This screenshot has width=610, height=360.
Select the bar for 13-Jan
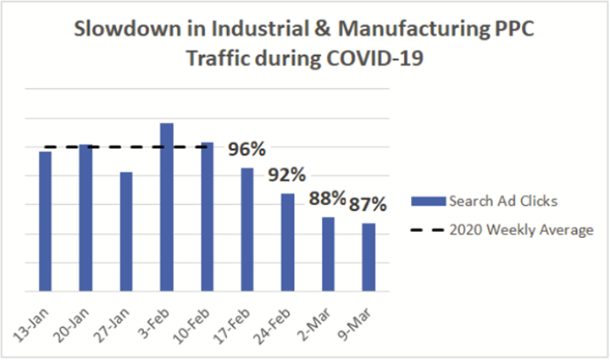[45, 221]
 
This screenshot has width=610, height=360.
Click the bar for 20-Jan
[86, 218]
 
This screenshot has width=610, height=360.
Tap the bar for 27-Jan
[126, 231]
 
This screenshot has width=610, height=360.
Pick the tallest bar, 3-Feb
[167, 208]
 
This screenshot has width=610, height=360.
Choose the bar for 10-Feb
[207, 217]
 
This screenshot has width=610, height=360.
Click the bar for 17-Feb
[247, 230]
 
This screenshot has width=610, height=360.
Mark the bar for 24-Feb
[288, 242]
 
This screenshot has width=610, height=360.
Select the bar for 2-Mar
[328, 254]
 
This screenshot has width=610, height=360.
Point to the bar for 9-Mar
[369, 258]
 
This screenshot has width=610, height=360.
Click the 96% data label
[247, 151]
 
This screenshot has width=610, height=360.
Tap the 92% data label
[287, 176]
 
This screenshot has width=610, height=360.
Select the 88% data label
[327, 199]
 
